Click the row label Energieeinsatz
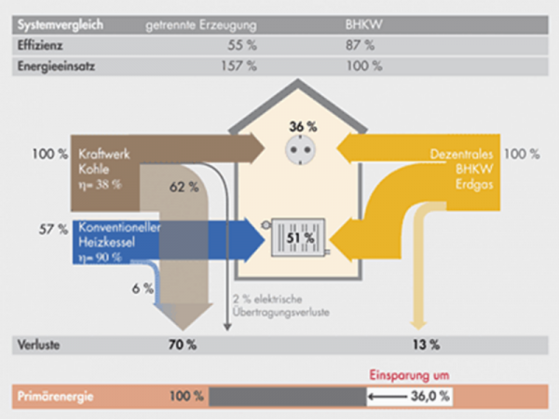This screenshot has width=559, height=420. pyautogui.click(x=58, y=66)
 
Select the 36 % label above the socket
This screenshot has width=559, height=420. pyautogui.click(x=297, y=126)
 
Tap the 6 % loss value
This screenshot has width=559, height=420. pyautogui.click(x=143, y=288)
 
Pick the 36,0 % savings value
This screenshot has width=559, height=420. pyautogui.click(x=431, y=397)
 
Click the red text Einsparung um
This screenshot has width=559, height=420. pyautogui.click(x=409, y=374)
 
